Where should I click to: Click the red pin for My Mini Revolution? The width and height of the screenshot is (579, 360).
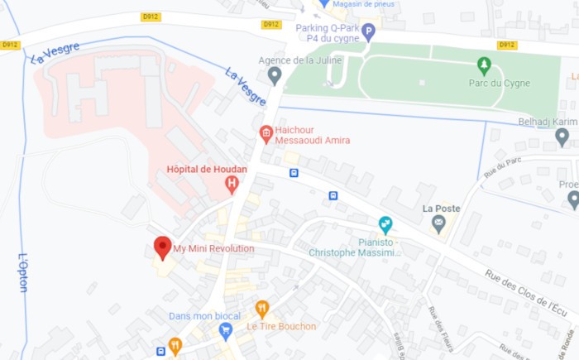(x=162, y=247)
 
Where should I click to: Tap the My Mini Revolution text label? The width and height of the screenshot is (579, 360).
(x=213, y=248)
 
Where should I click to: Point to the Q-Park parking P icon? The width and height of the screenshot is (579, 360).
(x=369, y=31)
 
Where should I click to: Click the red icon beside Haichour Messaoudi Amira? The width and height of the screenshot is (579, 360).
(x=266, y=132)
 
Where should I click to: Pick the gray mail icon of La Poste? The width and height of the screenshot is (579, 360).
(x=438, y=223)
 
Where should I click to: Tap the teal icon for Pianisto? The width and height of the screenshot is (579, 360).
(x=385, y=223)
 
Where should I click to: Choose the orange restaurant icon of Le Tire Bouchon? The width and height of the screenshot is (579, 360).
(x=262, y=310)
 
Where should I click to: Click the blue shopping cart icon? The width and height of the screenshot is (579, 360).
(x=225, y=330)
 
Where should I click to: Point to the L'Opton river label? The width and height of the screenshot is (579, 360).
(x=22, y=272)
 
